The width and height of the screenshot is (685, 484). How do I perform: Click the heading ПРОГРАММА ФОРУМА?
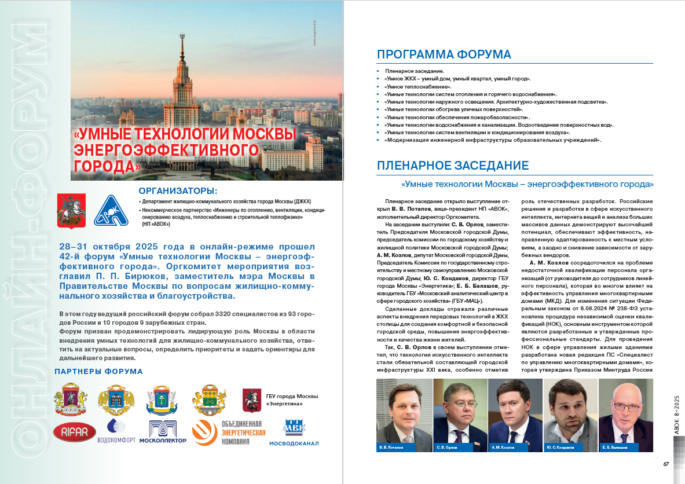pos(444,54)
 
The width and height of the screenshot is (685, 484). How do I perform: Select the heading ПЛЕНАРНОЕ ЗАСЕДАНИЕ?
pos(452,166)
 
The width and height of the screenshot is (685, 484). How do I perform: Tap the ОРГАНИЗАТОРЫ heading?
pos(178,191)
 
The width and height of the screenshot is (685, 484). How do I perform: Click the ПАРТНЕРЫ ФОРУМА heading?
pos(98,371)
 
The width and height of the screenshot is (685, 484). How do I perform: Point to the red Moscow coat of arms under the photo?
pos(71,211)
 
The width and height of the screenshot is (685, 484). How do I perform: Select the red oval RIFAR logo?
pos(74,432)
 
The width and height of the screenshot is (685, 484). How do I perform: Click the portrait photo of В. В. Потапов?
pos(403,411)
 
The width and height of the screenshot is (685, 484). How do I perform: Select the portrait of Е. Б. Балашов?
pos(625,411)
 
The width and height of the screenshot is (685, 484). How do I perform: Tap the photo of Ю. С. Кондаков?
pos(570,411)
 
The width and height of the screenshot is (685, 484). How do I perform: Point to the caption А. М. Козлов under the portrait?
pos(501,448)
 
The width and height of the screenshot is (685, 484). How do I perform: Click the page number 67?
pos(666,463)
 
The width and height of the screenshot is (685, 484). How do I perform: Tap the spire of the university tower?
pos(182,43)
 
